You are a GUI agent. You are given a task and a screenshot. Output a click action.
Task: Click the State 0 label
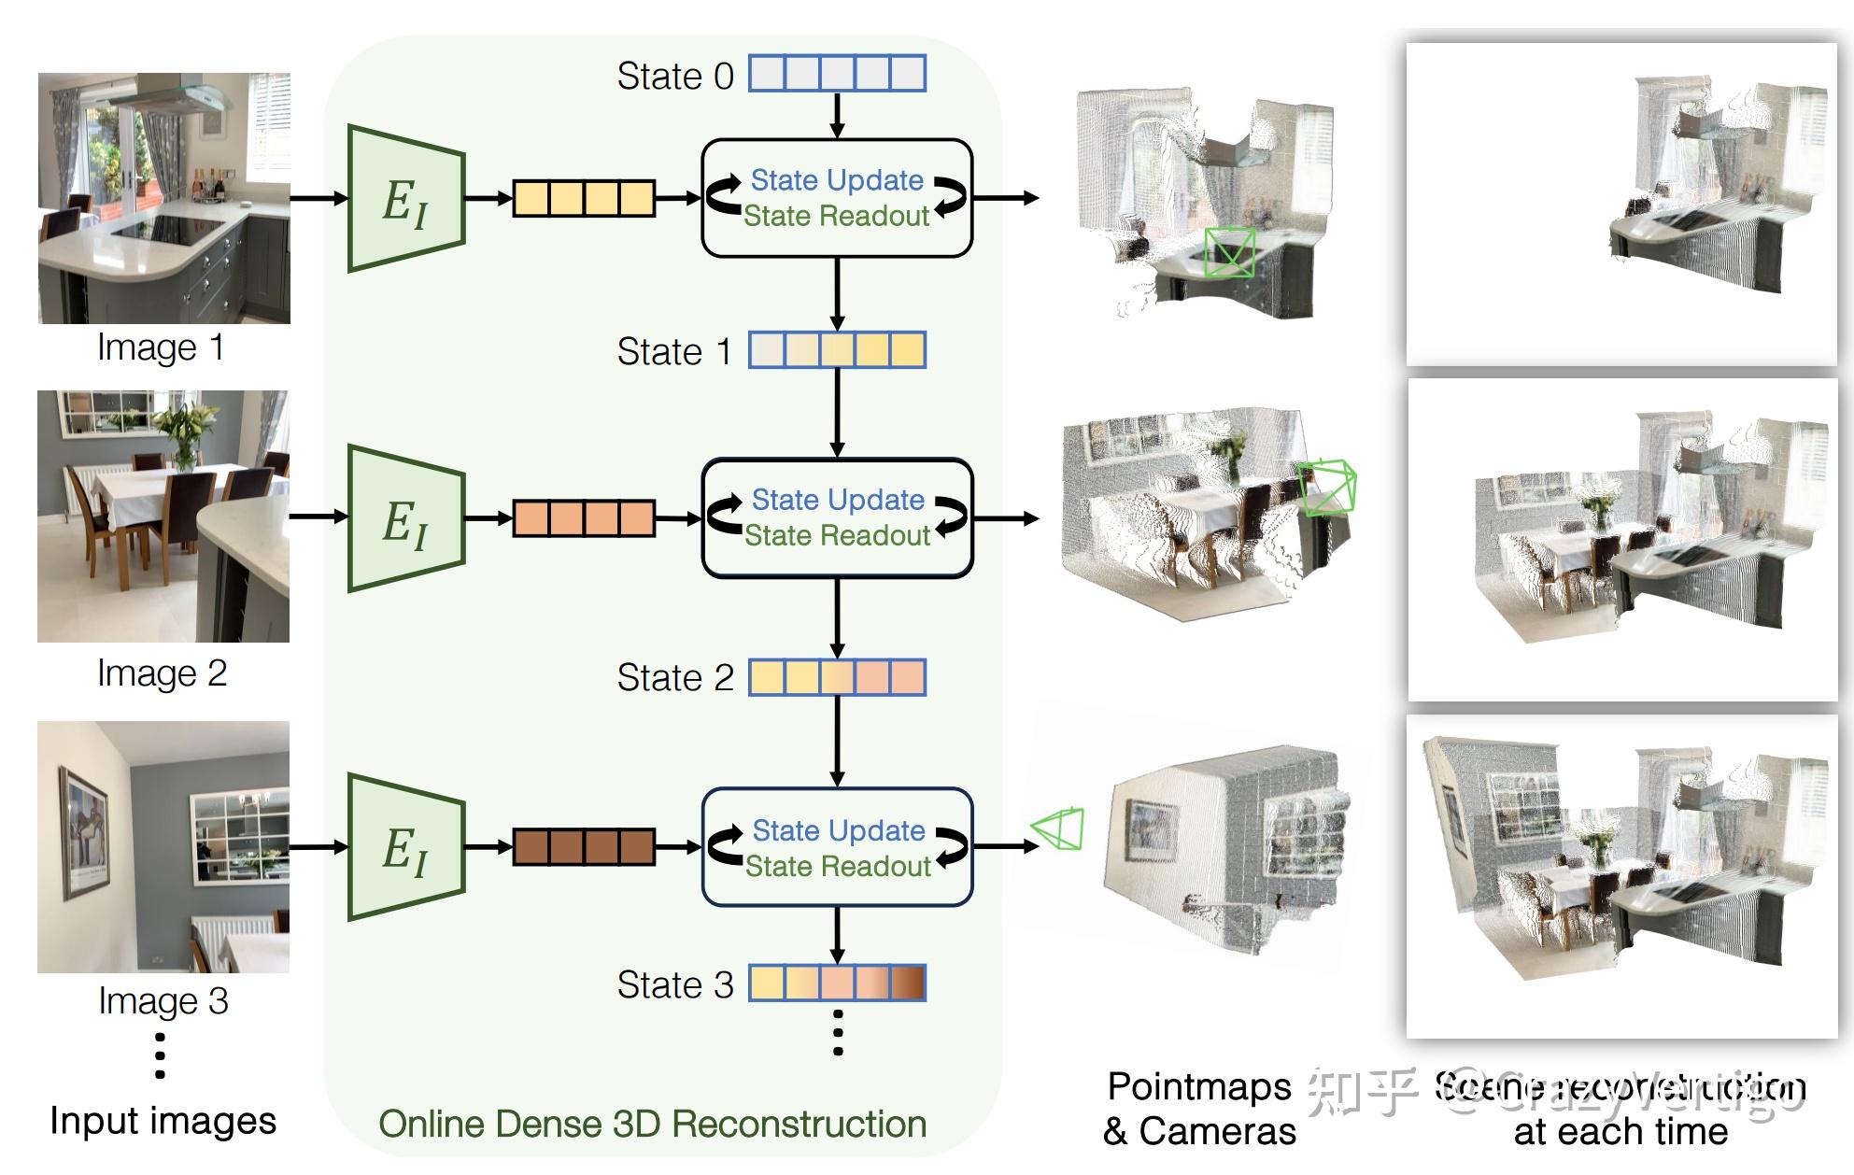(675, 76)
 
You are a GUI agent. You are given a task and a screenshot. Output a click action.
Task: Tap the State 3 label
(675, 984)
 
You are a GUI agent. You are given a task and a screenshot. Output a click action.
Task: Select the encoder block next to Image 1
(406, 199)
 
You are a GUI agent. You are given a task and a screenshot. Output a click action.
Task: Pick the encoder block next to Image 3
(406, 847)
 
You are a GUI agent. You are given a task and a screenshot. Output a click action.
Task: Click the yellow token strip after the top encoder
(584, 198)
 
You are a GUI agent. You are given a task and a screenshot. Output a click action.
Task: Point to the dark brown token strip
(584, 847)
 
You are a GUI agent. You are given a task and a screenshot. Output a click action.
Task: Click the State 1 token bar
(837, 350)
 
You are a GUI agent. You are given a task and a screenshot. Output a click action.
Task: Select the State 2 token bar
(837, 677)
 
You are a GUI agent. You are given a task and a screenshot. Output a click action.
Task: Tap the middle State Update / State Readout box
(837, 517)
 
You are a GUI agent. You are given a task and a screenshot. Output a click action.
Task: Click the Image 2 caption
(163, 673)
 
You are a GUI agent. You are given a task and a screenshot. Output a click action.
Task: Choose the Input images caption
(163, 1121)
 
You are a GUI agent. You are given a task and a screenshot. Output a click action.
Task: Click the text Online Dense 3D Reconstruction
(652, 1125)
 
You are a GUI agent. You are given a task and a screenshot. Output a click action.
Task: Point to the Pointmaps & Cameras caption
(1199, 1109)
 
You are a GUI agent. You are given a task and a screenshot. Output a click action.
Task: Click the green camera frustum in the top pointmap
(1229, 251)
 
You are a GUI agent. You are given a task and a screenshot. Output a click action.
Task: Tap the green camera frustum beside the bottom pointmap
(1058, 828)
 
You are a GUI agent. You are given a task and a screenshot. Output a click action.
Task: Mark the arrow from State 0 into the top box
(837, 116)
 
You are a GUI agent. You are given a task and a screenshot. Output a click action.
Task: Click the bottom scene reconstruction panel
(1622, 876)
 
